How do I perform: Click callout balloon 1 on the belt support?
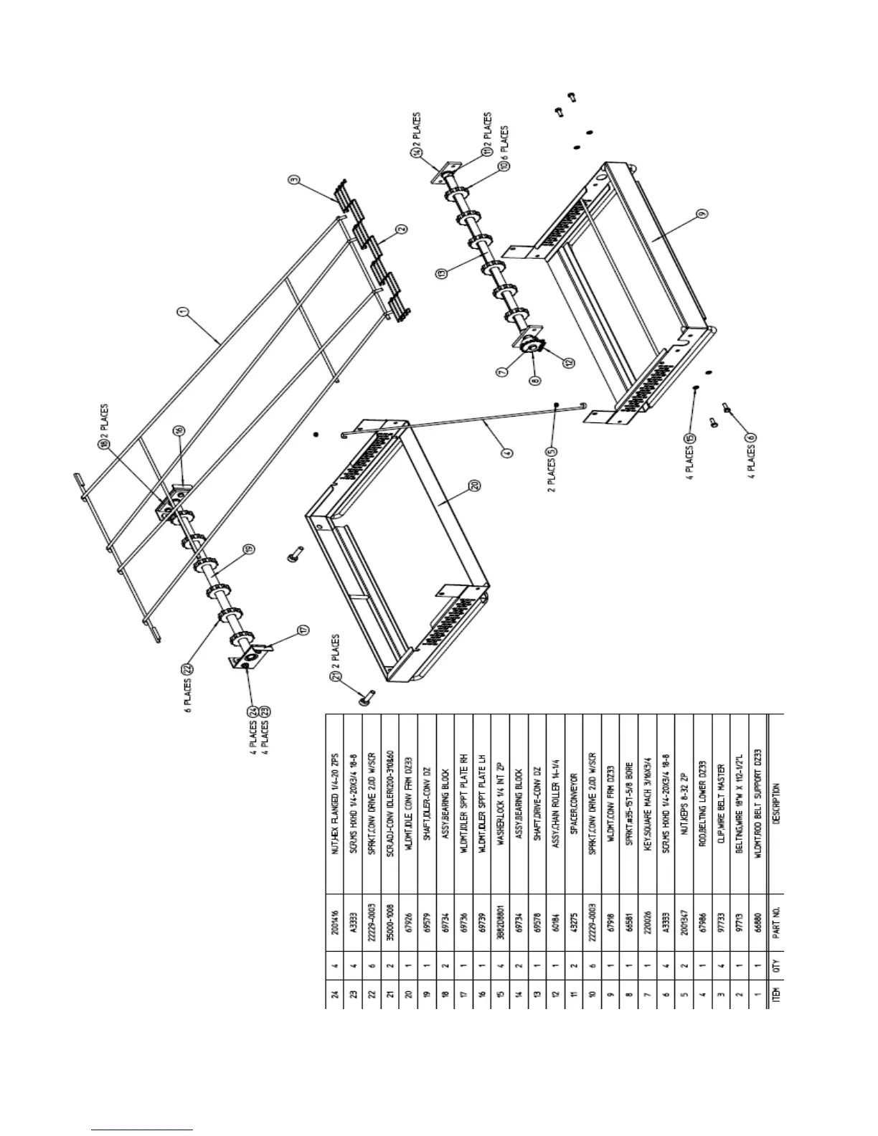tap(184, 311)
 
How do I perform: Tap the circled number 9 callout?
tap(702, 213)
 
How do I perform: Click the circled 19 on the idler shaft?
tap(248, 550)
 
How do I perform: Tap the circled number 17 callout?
tap(303, 630)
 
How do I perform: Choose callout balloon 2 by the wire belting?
tap(402, 229)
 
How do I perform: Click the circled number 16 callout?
tap(179, 430)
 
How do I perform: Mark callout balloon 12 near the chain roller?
tap(569, 363)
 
